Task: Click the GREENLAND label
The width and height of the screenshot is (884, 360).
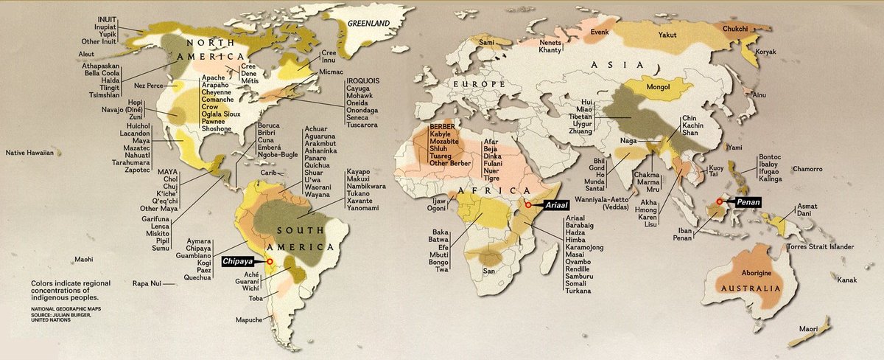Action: pyautogui.click(x=368, y=24)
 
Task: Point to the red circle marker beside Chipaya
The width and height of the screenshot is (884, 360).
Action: pyautogui.click(x=270, y=261)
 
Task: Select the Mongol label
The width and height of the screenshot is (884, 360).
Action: pyautogui.click(x=657, y=88)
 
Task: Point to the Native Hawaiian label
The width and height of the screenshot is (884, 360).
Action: pyautogui.click(x=30, y=153)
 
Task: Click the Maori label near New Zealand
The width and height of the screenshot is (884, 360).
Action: pyautogui.click(x=810, y=328)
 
